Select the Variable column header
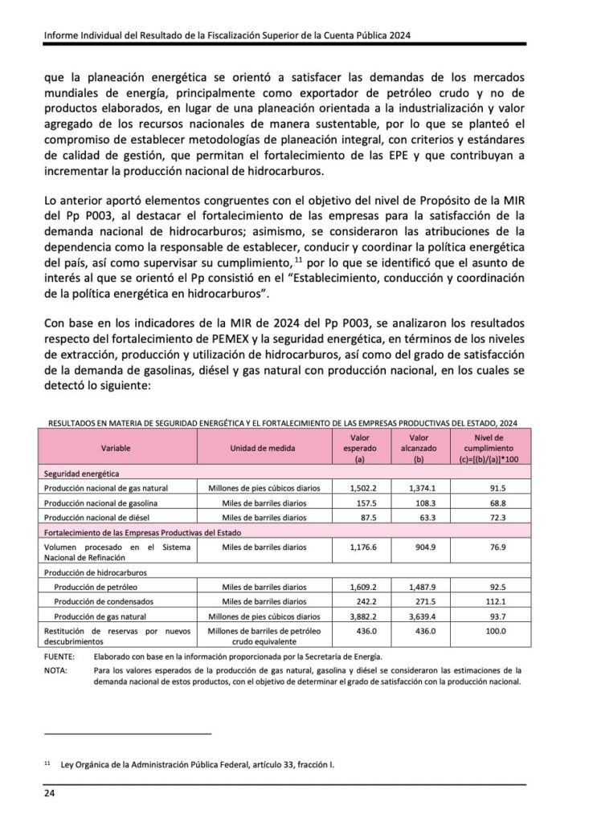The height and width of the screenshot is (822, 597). [x=116, y=447]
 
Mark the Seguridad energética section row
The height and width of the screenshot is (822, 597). [x=82, y=474]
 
